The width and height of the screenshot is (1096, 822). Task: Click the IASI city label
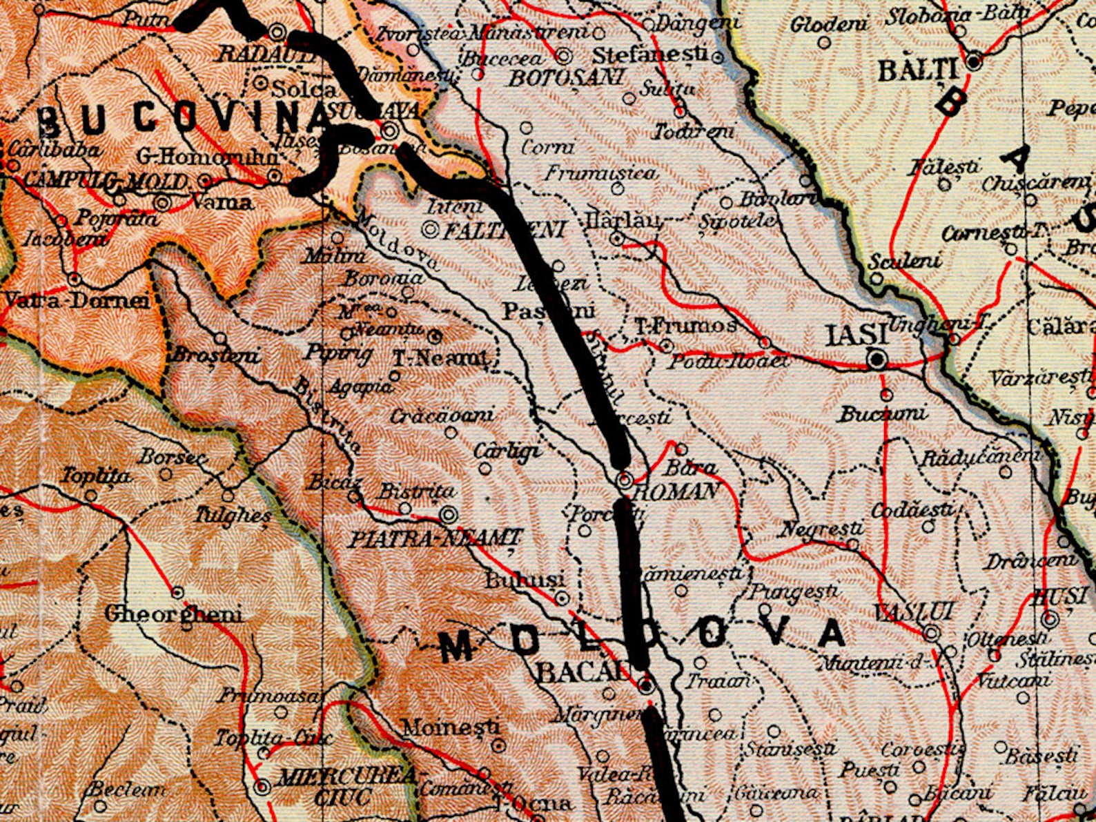tap(857, 336)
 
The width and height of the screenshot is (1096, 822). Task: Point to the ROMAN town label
tap(676, 491)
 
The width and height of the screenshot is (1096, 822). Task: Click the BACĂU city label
tap(584, 672)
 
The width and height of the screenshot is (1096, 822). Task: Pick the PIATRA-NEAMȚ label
tap(435, 538)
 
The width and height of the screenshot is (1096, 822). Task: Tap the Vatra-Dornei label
tap(77, 301)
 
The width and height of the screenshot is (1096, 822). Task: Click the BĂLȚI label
tap(919, 70)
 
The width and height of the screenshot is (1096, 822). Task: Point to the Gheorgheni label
tap(173, 614)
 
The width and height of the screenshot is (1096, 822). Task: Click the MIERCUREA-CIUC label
tap(345, 786)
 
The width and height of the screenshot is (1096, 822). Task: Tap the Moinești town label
tap(451, 727)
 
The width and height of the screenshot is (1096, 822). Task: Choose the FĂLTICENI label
tap(503, 230)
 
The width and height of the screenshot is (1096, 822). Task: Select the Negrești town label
tap(821, 529)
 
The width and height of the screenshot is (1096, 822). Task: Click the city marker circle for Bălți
tap(974, 62)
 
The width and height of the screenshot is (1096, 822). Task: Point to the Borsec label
tap(173, 457)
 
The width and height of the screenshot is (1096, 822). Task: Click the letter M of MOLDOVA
tap(456, 647)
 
